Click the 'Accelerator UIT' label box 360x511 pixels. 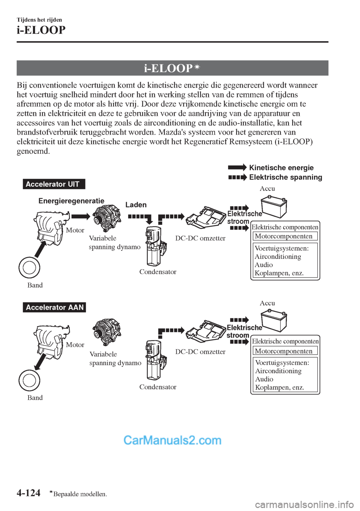click(54, 184)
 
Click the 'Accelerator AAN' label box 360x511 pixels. click(54, 307)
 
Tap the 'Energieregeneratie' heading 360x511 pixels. click(71, 201)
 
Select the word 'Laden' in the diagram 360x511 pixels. click(136, 205)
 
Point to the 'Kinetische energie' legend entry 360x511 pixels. click(281, 168)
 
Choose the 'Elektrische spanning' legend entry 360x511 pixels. click(285, 177)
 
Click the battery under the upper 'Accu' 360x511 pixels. click(274, 207)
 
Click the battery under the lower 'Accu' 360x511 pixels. click(274, 321)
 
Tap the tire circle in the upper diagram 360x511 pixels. click(29, 268)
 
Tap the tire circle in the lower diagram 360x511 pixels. click(29, 380)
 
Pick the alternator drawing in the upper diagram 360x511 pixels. click(107, 218)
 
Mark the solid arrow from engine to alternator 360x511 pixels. click(81, 216)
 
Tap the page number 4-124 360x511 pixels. click(28, 493)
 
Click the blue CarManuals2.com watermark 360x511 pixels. click(172, 440)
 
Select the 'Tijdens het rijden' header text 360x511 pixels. click(39, 20)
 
